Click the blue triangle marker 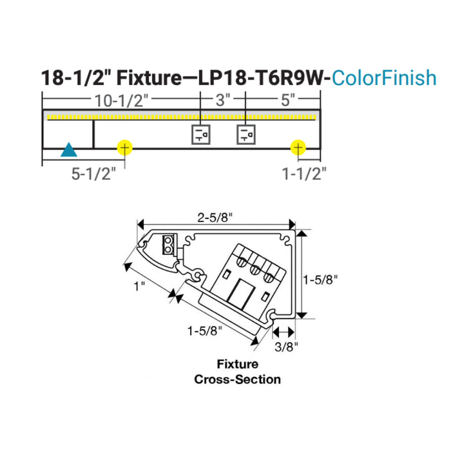[x=69, y=151]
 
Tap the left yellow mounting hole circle [x=124, y=148]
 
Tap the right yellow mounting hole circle [x=298, y=148]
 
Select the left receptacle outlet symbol [x=200, y=134]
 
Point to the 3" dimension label [x=222, y=100]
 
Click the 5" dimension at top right [x=287, y=100]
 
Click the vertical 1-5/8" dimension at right [x=320, y=280]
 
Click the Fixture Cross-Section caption [x=237, y=372]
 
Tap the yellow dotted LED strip [x=180, y=117]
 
